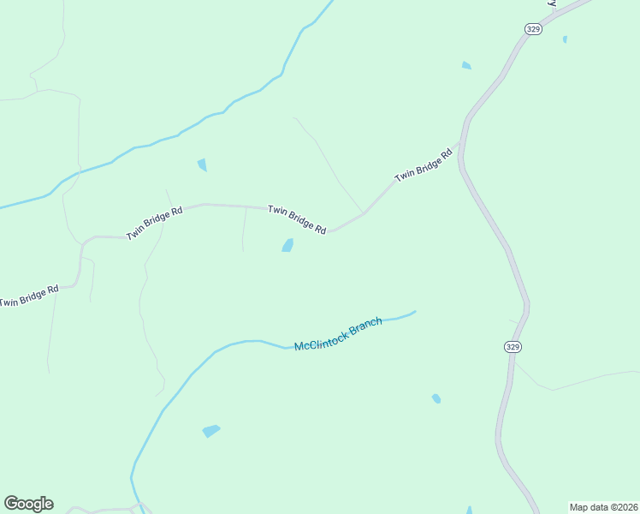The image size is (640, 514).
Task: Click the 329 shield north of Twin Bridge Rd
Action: point(530,28)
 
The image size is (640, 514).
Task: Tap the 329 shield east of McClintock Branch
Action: point(511,346)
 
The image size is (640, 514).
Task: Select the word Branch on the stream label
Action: point(364,326)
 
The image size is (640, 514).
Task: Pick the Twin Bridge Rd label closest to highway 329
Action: point(423,165)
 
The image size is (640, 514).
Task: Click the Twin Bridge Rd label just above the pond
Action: point(297,219)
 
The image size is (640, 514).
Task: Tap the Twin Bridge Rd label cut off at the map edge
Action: point(28,296)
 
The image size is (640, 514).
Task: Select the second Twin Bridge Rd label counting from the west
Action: point(155,223)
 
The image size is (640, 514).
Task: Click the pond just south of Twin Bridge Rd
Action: point(287,246)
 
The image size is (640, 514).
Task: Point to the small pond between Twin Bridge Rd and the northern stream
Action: point(202,164)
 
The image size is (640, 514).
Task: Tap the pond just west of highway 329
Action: point(466,65)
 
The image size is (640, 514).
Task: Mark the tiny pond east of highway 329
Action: point(565,39)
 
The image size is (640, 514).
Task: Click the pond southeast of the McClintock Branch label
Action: point(436,398)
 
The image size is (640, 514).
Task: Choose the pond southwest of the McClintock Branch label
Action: point(210,431)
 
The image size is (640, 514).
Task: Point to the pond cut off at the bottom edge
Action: point(469,510)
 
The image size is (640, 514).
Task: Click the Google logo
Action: point(28,504)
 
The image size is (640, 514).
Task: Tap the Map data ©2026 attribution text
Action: point(603,506)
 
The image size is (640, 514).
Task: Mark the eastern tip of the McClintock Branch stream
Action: point(415,312)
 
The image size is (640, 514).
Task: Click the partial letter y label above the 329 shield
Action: point(553,3)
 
